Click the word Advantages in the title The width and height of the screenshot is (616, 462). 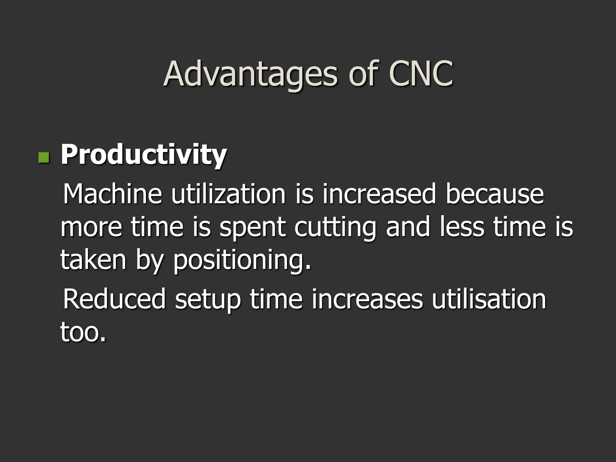pos(251,74)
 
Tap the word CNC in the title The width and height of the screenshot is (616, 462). pos(421,74)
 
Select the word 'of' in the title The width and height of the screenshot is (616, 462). pos(363,74)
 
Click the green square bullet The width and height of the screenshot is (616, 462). pos(44,157)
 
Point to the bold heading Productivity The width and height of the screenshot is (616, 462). pos(144,155)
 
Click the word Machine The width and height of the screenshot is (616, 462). pos(112,194)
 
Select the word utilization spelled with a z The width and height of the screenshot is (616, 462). pos(229,194)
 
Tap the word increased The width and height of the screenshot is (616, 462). pos(379,194)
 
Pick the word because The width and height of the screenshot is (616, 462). pos(495,194)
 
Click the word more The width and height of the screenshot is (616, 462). pos(91,227)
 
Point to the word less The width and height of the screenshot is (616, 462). pos(462,227)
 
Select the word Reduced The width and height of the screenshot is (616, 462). pos(114,299)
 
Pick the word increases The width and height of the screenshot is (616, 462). pos(367,299)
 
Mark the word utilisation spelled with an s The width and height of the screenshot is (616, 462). pos(489,299)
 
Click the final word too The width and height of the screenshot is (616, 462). pos(83,332)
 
